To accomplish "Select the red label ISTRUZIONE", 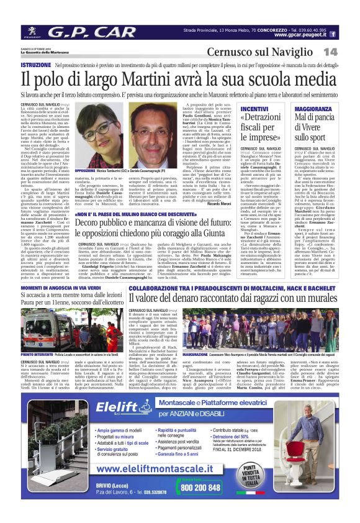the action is coord(36,65).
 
